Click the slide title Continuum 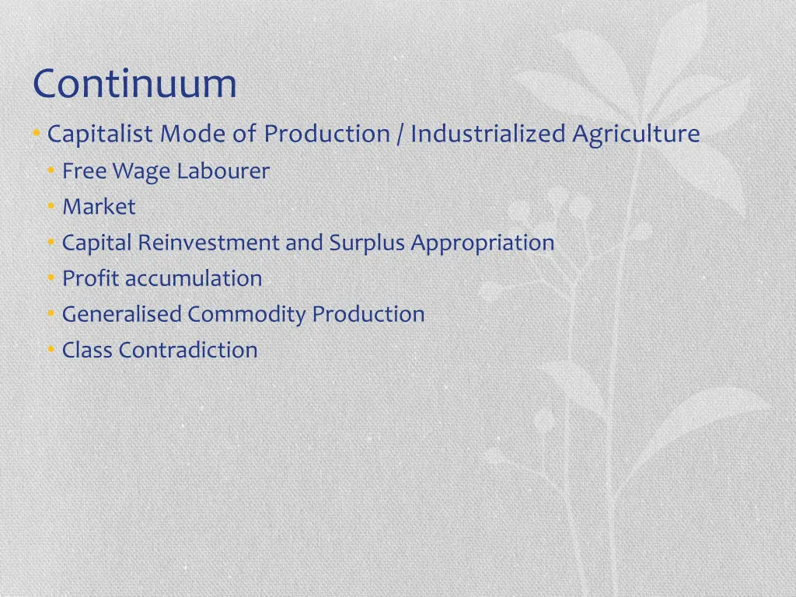pos(134,84)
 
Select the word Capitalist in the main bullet pos(100,134)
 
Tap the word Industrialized pos(488,134)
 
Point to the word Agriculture pos(637,134)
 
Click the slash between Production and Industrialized pos(400,134)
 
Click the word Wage pos(142,171)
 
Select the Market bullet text pos(99,207)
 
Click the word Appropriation pos(483,243)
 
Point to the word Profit pos(91,278)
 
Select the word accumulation pos(194,278)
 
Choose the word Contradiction pos(188,350)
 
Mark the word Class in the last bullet pos(87,350)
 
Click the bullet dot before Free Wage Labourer pos(51,171)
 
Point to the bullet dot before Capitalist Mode pos(37,134)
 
